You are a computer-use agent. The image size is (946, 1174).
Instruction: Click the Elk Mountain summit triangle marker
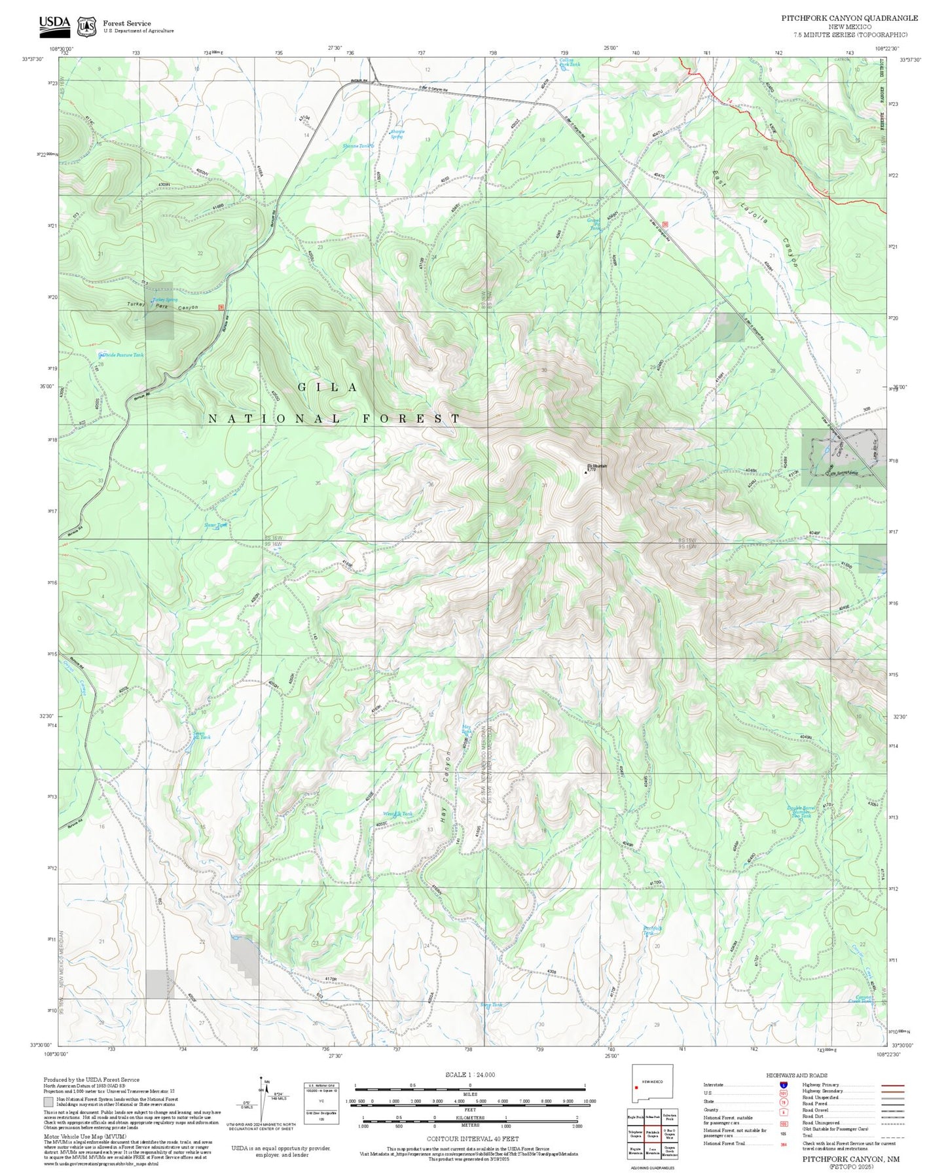point(586,471)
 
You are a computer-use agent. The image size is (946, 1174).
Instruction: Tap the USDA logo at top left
point(54,24)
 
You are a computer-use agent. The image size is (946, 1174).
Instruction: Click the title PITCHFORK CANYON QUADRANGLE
point(849,18)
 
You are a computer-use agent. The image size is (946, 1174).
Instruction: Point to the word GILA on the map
point(327,387)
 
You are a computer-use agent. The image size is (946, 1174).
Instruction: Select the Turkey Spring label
point(164,300)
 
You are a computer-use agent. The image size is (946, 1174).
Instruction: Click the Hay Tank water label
point(467,728)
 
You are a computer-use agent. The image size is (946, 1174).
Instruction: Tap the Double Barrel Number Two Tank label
point(801,811)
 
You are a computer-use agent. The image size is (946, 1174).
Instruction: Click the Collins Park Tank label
point(569,63)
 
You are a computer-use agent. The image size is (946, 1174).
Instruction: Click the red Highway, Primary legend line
point(892,1085)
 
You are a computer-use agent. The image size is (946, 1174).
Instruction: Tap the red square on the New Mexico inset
point(636,1088)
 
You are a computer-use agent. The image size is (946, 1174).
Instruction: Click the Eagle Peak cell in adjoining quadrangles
point(635,1117)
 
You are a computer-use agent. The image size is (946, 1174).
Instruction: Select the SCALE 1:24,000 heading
point(470,1075)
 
